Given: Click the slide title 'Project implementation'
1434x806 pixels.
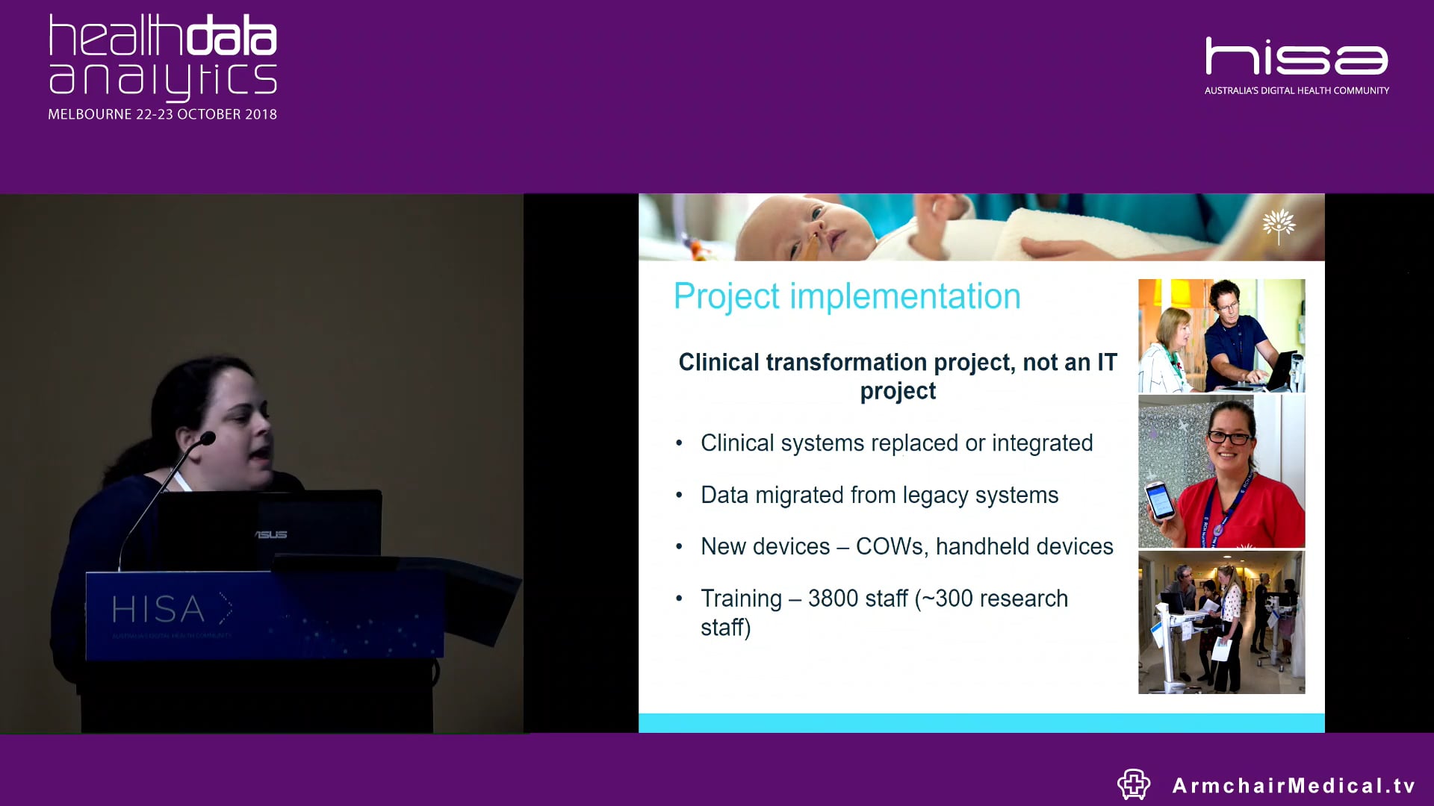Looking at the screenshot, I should coord(846,297).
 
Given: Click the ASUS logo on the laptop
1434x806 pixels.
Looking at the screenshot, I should coord(270,534).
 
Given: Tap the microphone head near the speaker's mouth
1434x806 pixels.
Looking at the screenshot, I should coord(208,438).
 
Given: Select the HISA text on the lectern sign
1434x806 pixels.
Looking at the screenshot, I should coord(158,610).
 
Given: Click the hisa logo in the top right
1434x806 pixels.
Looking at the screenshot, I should coord(1297,57).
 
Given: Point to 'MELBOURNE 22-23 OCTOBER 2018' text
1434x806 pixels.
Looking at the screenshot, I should coord(162,115).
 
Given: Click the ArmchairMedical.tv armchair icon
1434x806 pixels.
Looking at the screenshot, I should coord(1133,784).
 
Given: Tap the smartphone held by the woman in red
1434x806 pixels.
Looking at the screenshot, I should coord(1160,500).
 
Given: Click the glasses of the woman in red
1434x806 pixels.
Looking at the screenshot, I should coord(1229,438).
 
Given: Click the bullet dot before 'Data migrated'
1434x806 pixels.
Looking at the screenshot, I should coord(679,496).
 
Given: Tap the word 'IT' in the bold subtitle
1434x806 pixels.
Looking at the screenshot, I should coord(1106,363).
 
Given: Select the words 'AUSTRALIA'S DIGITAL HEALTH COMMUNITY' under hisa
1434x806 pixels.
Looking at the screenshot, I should coord(1297,91).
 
